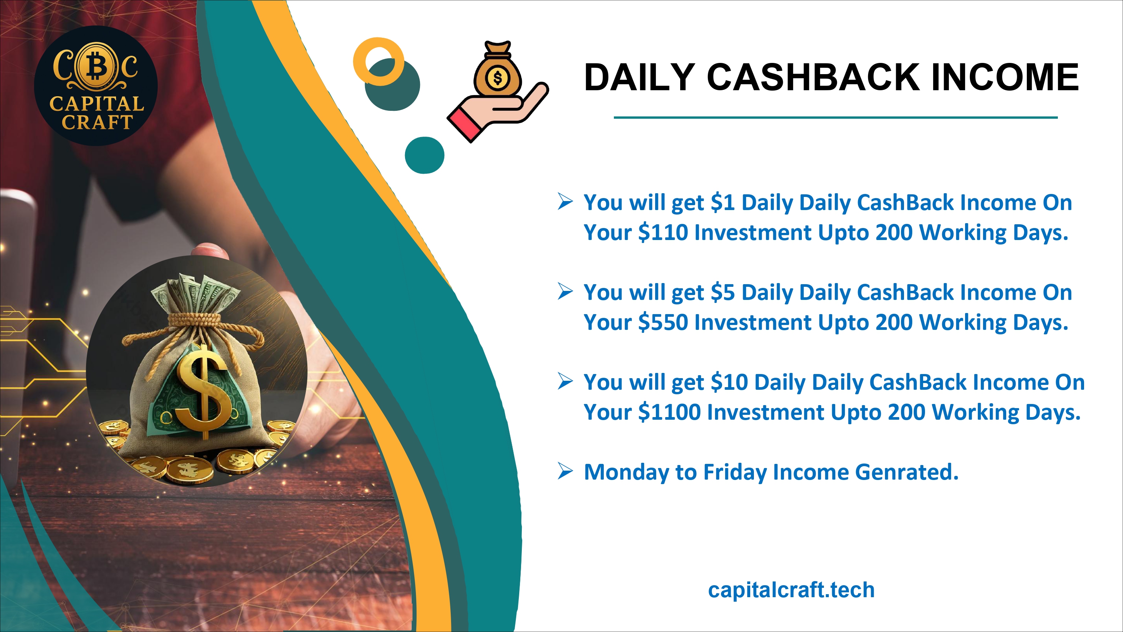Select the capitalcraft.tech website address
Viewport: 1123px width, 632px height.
[x=791, y=590]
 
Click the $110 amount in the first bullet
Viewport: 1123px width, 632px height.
[x=663, y=232]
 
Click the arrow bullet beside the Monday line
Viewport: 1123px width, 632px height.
[x=565, y=471]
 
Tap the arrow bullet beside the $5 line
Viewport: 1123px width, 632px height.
[x=565, y=291]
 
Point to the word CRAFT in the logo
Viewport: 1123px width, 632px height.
[x=97, y=122]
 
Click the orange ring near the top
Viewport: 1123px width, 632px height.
[x=378, y=61]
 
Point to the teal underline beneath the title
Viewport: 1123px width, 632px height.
[x=836, y=117]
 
